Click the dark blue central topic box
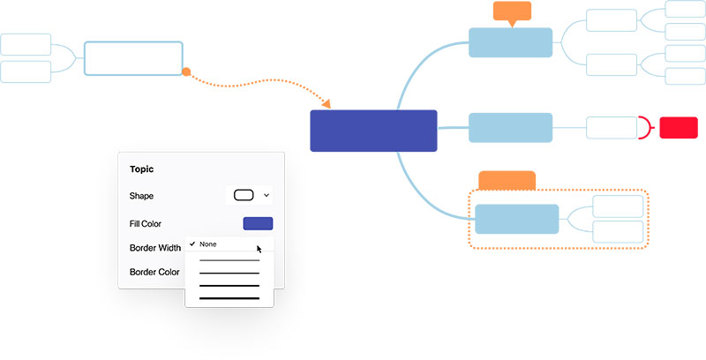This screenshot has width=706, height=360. (373, 131)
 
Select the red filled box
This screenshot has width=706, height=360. (679, 127)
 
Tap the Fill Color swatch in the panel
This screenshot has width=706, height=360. (258, 224)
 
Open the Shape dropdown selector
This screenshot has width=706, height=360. (252, 195)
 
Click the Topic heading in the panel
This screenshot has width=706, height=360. (142, 169)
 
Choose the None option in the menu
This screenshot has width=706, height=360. (208, 244)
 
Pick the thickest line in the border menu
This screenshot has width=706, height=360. (229, 298)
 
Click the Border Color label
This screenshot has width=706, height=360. (154, 272)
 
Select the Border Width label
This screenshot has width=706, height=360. (155, 248)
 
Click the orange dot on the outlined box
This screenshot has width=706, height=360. (186, 71)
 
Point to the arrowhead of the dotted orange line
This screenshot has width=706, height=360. (327, 103)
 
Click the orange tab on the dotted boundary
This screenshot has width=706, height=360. (507, 180)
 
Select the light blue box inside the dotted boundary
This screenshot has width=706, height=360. (517, 219)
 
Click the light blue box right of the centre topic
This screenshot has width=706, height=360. (510, 127)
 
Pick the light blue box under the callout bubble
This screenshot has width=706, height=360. (510, 42)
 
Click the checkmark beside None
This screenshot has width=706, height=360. (192, 244)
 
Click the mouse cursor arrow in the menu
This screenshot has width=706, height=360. (259, 249)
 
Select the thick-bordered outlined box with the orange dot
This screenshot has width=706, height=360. (133, 58)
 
